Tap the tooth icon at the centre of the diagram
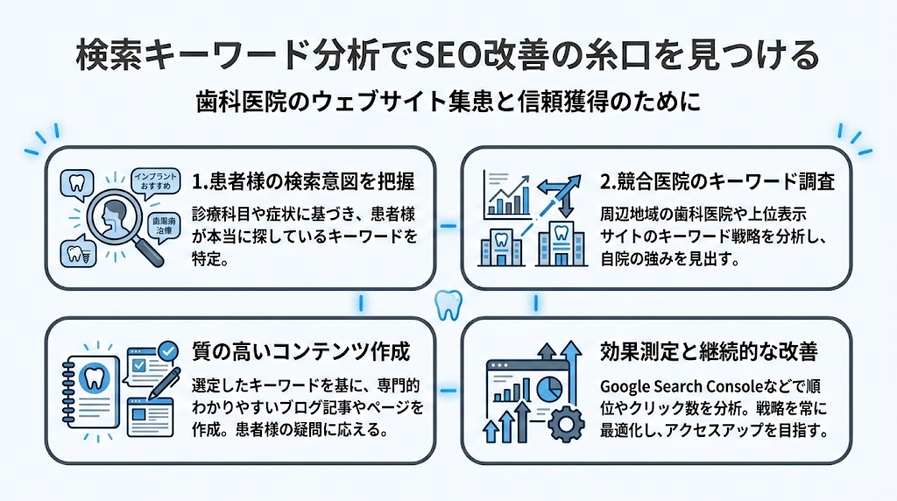[x=448, y=305]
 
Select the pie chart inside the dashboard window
[x=549, y=385]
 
